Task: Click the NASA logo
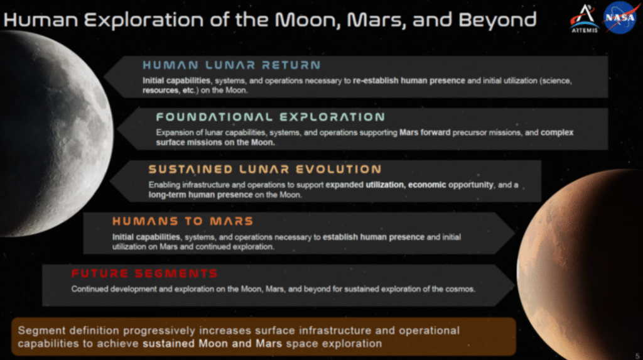tap(620, 17)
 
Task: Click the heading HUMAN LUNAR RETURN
tap(231, 65)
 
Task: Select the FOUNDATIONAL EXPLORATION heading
tap(270, 117)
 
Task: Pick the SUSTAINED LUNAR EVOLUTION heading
tap(264, 170)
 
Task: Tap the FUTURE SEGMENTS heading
tap(144, 274)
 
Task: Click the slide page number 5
tap(637, 354)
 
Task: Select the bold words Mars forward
tap(421, 133)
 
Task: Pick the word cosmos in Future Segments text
tap(462, 290)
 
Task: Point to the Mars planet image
tap(584, 264)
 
